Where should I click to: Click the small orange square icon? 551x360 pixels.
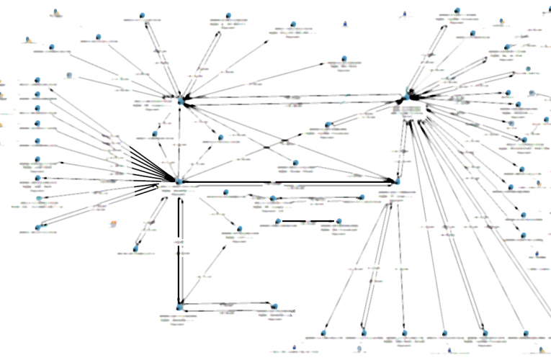pyautogui.click(x=112, y=223)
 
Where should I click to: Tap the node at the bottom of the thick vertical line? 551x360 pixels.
pyautogui.click(x=179, y=308)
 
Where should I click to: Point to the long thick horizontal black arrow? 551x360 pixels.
pyautogui.click(x=288, y=182)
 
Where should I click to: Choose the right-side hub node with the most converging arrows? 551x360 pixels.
pyautogui.click(x=408, y=94)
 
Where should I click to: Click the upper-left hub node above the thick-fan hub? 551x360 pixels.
pyautogui.click(x=182, y=100)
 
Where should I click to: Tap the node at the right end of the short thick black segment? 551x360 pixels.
pyautogui.click(x=339, y=221)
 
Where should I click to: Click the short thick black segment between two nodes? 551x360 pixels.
pyautogui.click(x=308, y=221)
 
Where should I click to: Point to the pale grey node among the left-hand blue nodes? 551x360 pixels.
pyautogui.click(x=68, y=75)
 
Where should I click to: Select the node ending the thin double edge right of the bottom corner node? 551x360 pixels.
pyautogui.click(x=273, y=306)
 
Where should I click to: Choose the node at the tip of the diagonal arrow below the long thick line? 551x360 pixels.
pyautogui.click(x=238, y=230)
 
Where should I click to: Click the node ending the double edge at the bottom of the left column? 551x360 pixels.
pyautogui.click(x=37, y=228)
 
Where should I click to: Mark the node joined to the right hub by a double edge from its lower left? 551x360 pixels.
pyautogui.click(x=328, y=125)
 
